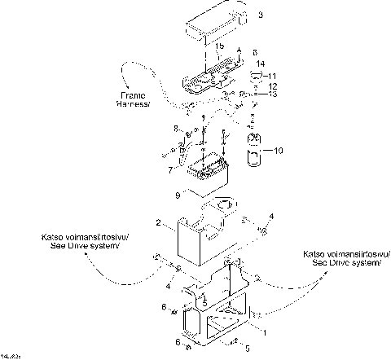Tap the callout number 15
218,48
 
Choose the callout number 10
278,151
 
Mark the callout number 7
169,169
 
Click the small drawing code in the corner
11,356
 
